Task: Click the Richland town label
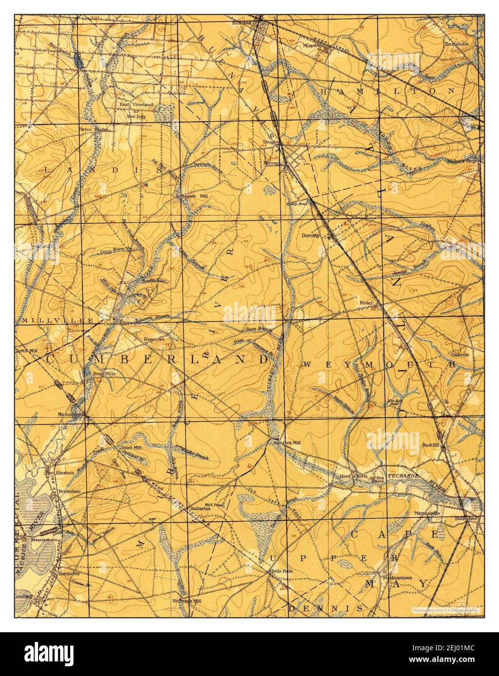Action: tap(241, 23)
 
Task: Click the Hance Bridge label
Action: tap(93, 129)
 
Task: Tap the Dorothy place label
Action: tap(311, 235)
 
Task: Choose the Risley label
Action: tap(366, 302)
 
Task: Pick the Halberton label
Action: tap(200, 508)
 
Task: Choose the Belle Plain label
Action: tap(281, 571)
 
